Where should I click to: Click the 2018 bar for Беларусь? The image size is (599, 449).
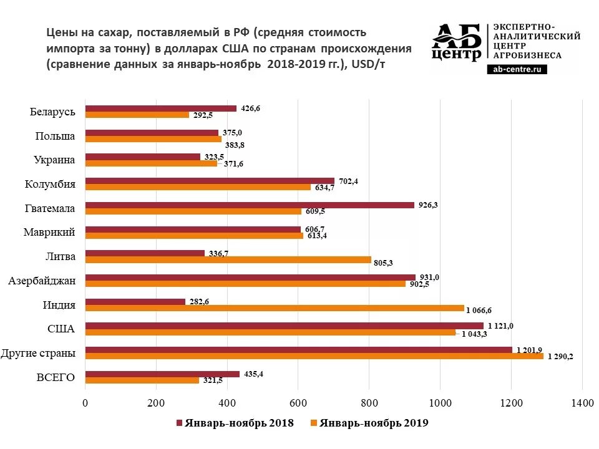(161, 109)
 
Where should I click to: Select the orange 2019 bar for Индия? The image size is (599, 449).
(275, 308)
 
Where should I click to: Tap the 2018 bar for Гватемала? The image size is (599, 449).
(250, 205)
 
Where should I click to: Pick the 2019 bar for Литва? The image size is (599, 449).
(228, 260)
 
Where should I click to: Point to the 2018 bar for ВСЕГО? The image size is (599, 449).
(162, 374)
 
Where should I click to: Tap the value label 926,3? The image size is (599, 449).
(428, 205)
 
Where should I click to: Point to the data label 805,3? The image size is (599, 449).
(383, 263)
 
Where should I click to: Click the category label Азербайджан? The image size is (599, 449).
(42, 281)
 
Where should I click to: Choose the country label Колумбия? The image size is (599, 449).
(51, 184)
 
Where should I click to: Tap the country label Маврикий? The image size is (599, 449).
(50, 232)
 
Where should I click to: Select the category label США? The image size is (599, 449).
(61, 329)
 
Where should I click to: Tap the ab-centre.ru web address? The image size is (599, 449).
(517, 70)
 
